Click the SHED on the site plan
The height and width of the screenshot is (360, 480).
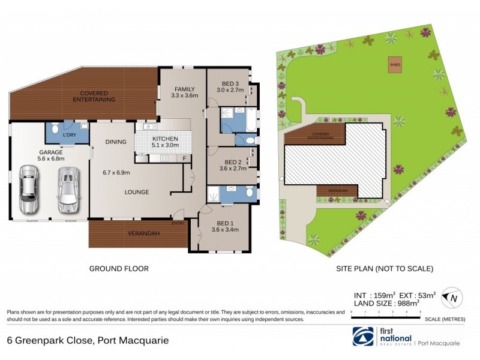[x=395, y=65]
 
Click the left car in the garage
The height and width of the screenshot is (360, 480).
[x=28, y=188]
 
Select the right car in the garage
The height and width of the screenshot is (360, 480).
[x=67, y=188]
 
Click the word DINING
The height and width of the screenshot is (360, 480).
[x=115, y=142]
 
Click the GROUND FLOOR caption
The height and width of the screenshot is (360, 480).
[x=119, y=269]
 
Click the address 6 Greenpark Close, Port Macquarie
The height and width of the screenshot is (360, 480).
[x=88, y=340]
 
